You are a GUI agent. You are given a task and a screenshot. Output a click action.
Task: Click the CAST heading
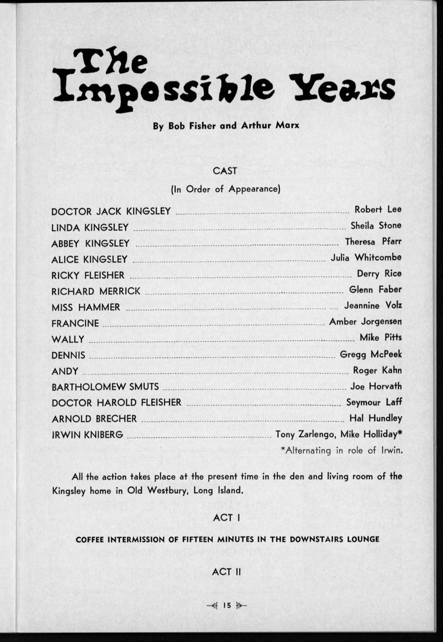[x=225, y=171]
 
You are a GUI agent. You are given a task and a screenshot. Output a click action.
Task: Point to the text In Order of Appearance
[x=226, y=189]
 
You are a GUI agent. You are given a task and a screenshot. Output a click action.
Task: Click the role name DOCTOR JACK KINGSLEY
[x=111, y=211]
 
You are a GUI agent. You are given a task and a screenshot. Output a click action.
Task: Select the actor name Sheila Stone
[x=376, y=225]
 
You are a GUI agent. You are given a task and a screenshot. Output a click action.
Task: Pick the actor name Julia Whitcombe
[x=366, y=257]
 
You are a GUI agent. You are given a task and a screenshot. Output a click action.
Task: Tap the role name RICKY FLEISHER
[x=88, y=276]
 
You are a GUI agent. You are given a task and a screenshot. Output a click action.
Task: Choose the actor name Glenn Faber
[x=375, y=289]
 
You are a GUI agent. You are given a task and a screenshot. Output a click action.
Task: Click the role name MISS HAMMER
[x=86, y=308]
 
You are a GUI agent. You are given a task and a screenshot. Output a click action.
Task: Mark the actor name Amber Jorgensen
[x=366, y=322]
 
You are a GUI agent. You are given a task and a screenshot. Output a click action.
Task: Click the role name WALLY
[x=68, y=339]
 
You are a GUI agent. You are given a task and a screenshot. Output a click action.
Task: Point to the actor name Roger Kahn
[x=377, y=370]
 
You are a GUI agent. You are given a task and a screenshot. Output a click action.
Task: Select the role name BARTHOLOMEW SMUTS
[x=105, y=387]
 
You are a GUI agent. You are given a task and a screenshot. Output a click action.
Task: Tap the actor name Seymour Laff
[x=374, y=402]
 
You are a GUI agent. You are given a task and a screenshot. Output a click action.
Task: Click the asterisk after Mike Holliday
[x=400, y=433]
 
